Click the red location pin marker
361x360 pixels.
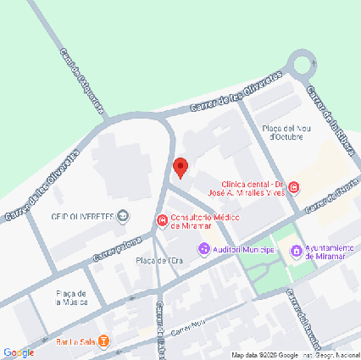click(180, 167)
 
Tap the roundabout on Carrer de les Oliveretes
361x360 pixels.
click(303, 65)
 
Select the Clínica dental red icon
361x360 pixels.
click(293, 187)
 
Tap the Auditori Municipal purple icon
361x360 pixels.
click(203, 249)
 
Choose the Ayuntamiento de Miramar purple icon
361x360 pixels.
click(296, 250)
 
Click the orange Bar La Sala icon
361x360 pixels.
click(103, 341)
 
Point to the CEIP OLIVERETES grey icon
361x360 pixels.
click(124, 216)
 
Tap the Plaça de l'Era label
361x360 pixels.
click(158, 261)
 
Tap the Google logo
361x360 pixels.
click(18, 352)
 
